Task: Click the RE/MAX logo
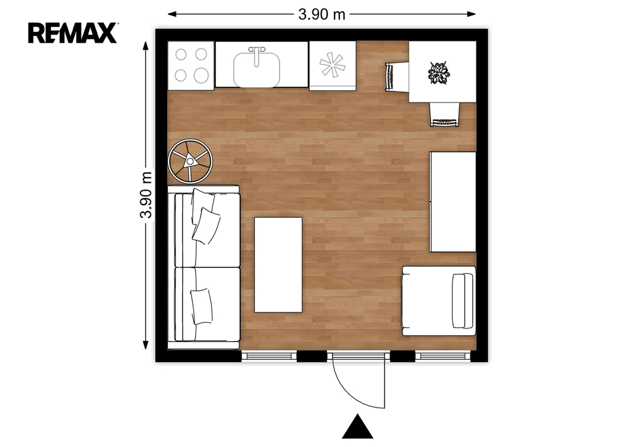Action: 73,33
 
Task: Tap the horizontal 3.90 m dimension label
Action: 322,15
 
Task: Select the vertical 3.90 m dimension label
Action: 146,195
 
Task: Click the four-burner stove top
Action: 191,65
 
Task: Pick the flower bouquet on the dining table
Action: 439,73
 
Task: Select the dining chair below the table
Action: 445,114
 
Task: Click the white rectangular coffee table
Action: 278,265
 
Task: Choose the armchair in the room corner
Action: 439,301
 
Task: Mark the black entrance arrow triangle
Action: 357,427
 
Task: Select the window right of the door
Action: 443,356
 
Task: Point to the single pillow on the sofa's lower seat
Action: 201,306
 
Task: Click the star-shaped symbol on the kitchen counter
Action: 332,65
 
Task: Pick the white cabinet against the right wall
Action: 452,201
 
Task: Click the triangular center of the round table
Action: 189,162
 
